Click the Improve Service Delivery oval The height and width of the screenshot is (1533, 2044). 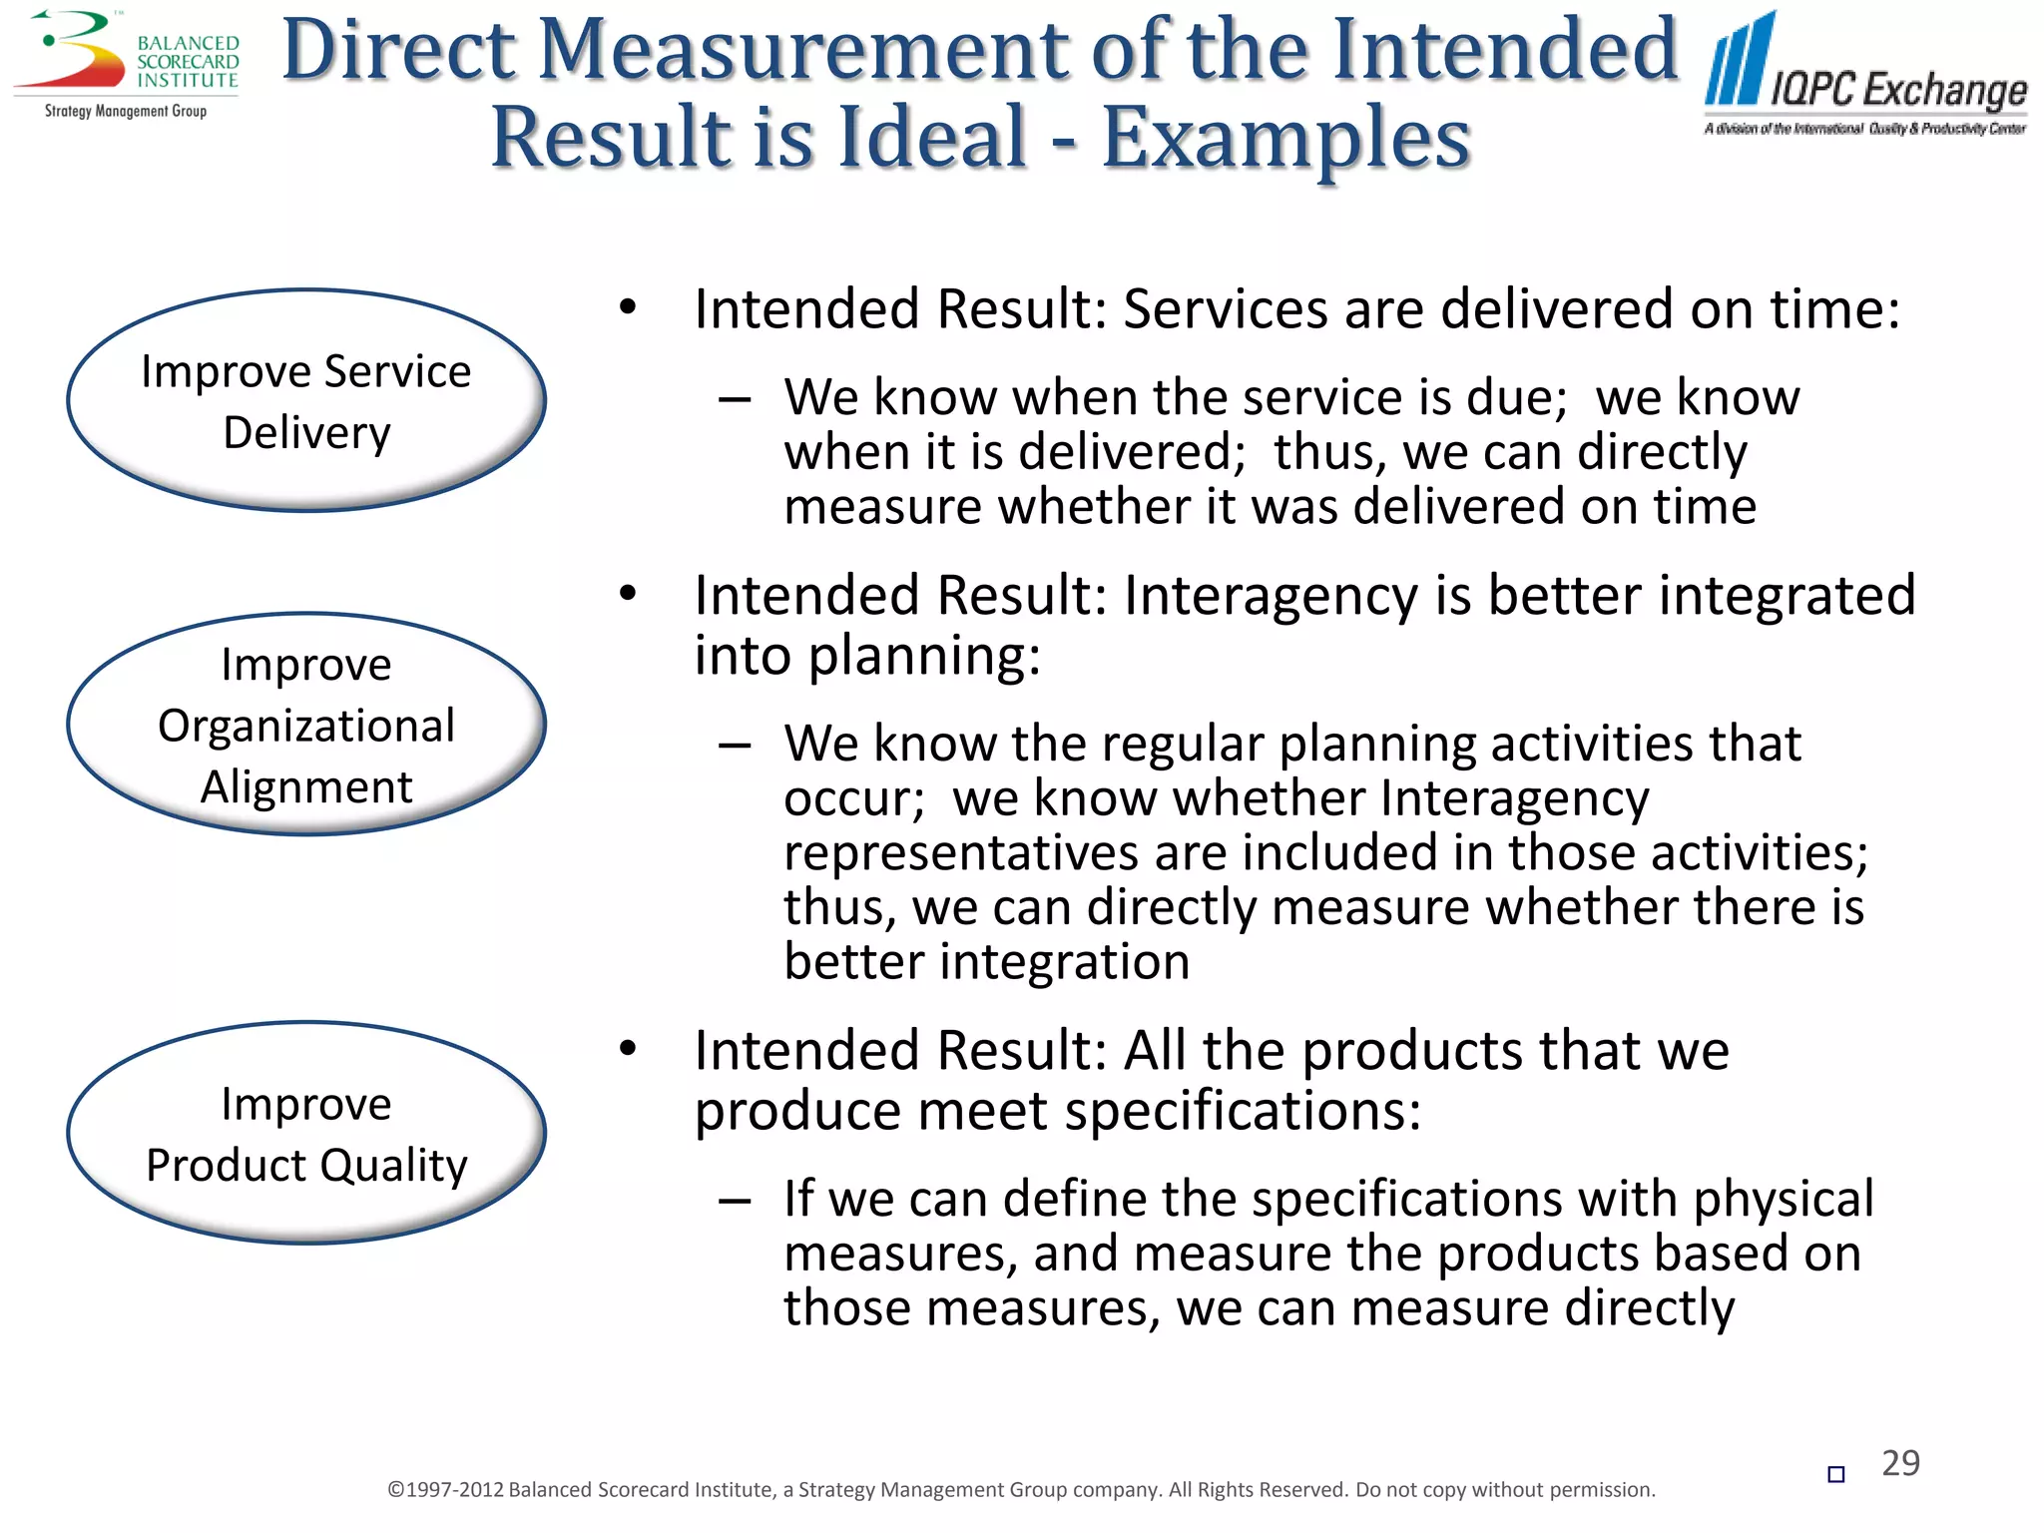(x=306, y=401)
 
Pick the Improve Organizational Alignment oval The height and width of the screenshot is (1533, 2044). (x=306, y=725)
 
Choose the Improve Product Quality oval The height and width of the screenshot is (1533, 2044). (x=306, y=1134)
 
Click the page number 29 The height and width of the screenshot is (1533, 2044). (x=1900, y=1463)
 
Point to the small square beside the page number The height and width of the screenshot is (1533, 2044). (x=1835, y=1474)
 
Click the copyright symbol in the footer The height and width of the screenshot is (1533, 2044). (x=395, y=1490)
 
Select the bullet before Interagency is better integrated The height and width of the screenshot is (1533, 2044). (x=627, y=594)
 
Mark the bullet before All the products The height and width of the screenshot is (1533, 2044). (x=627, y=1049)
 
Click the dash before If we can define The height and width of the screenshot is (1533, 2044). (x=735, y=1201)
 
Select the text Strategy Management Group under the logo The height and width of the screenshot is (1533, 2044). (x=126, y=111)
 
